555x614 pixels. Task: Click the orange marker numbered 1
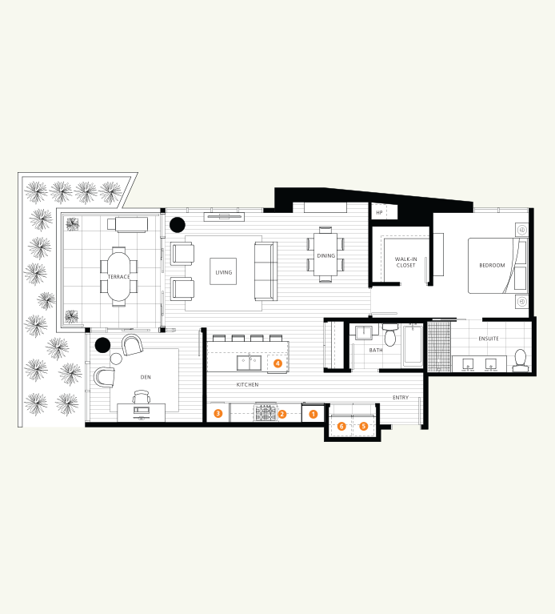click(x=313, y=414)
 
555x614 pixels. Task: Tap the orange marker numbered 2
click(x=282, y=414)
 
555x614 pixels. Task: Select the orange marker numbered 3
click(x=218, y=413)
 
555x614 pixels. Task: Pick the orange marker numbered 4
click(x=277, y=363)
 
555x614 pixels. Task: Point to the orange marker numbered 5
click(x=364, y=427)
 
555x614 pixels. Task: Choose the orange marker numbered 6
click(x=341, y=427)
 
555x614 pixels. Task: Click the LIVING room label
click(x=223, y=272)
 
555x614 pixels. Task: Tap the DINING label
click(x=325, y=256)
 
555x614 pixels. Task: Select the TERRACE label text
click(x=118, y=277)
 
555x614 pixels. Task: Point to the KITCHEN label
click(x=247, y=385)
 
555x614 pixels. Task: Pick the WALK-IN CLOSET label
click(x=405, y=262)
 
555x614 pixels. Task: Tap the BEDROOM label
click(x=492, y=265)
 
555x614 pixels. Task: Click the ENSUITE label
click(x=489, y=339)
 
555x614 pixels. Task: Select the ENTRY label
click(x=401, y=398)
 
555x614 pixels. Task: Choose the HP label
click(x=379, y=212)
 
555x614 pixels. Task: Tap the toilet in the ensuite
click(x=520, y=359)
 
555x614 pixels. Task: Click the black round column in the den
click(x=102, y=345)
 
